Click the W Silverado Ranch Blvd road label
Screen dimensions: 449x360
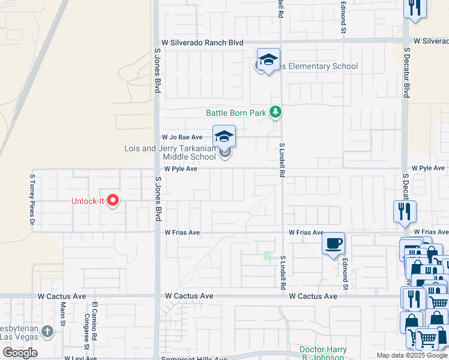(x=202, y=43)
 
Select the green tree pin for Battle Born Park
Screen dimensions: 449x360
(x=276, y=112)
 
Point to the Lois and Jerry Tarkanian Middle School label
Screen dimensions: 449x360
(x=170, y=152)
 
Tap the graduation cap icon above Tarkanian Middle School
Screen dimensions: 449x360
(x=224, y=137)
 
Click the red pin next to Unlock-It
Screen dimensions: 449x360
(x=112, y=201)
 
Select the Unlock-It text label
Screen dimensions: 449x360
(x=88, y=202)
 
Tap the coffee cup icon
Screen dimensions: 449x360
(x=333, y=244)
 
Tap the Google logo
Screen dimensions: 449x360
(x=20, y=353)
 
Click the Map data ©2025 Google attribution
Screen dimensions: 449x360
(x=412, y=355)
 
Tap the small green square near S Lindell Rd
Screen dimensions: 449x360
(x=267, y=256)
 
